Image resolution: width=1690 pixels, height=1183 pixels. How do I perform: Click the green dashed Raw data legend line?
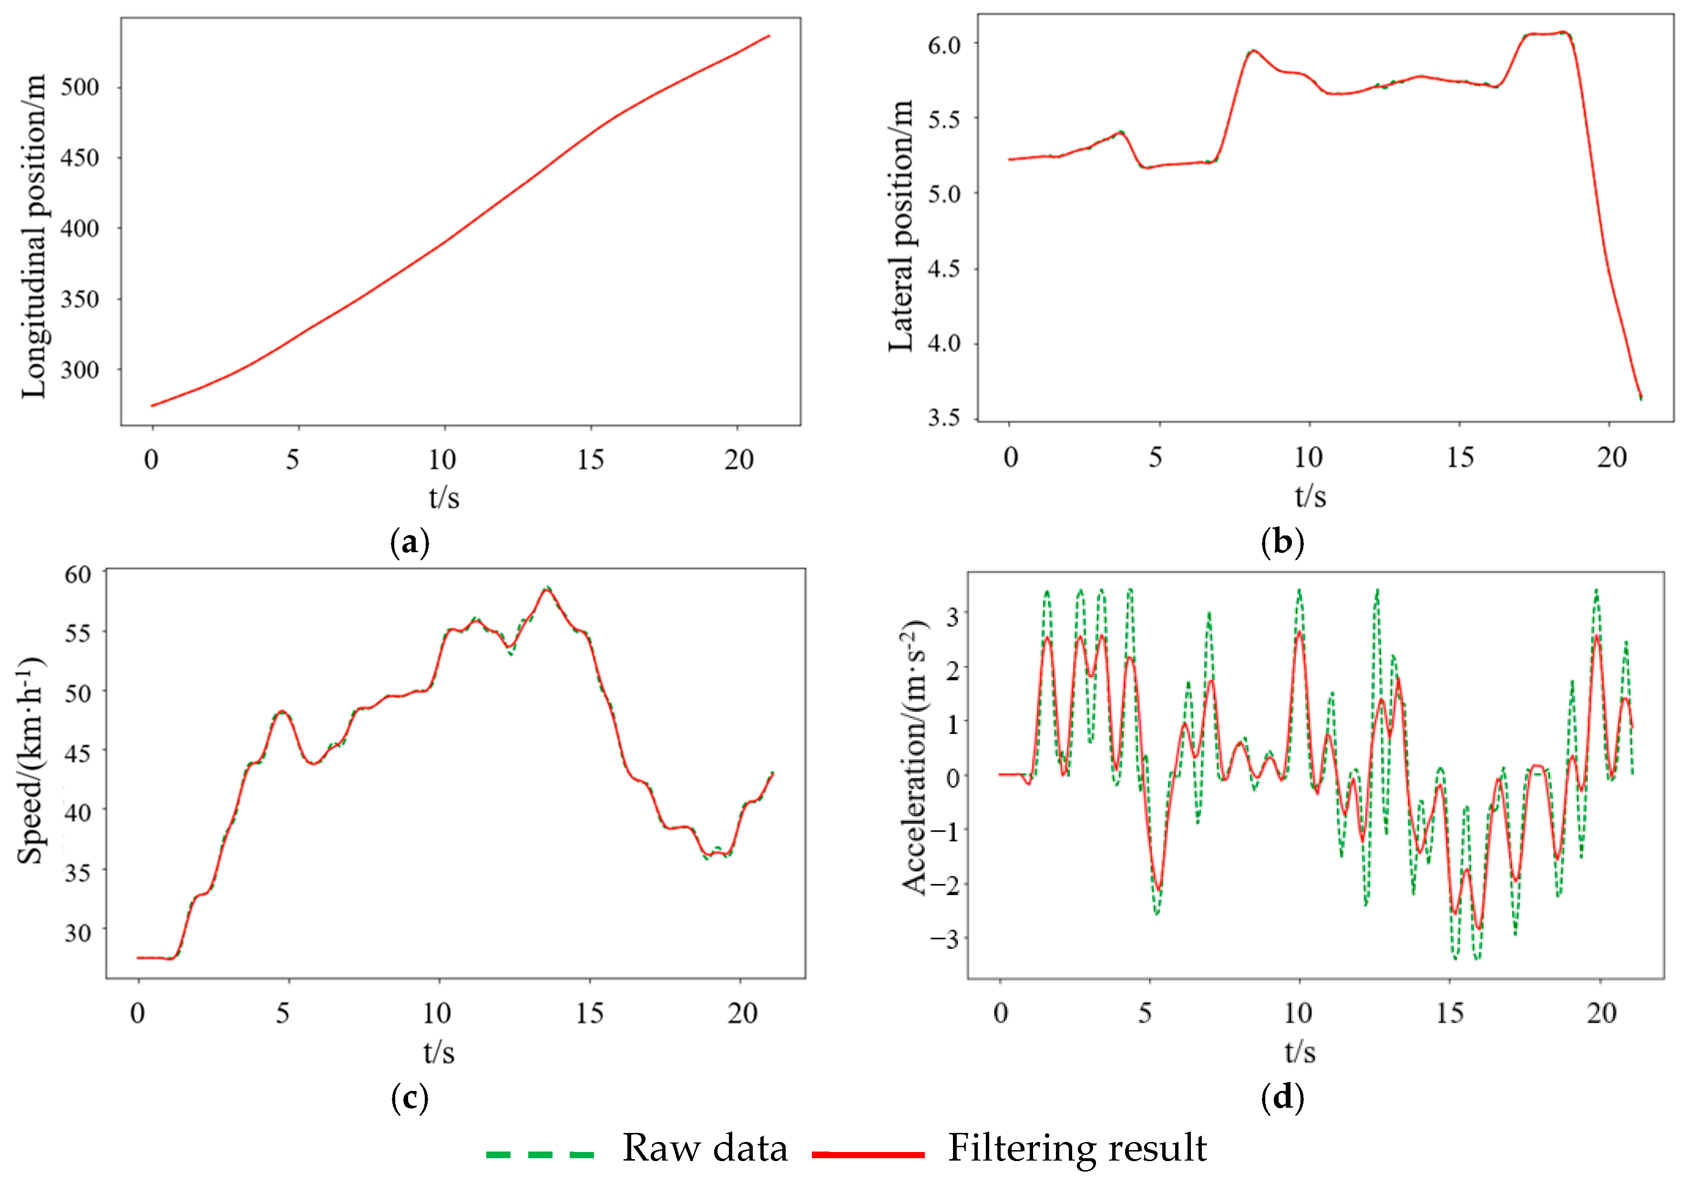pyautogui.click(x=540, y=1153)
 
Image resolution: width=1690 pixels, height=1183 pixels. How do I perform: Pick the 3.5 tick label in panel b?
pyautogui.click(x=944, y=417)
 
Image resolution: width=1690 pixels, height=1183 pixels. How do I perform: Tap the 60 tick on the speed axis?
pyautogui.click(x=77, y=574)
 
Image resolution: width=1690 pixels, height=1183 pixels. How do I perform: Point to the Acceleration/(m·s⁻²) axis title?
pyautogui.click(x=915, y=758)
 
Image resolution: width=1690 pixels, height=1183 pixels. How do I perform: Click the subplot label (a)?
pyautogui.click(x=409, y=543)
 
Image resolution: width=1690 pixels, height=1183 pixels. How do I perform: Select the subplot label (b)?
pyautogui.click(x=1282, y=543)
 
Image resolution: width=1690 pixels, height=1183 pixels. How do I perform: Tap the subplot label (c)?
pyautogui.click(x=409, y=1098)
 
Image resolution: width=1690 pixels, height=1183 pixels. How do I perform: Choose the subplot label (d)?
pyautogui.click(x=1282, y=1098)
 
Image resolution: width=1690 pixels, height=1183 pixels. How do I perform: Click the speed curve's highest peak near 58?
pyautogui.click(x=547, y=589)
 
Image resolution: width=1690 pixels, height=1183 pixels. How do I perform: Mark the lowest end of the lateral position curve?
pyautogui.click(x=1641, y=398)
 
